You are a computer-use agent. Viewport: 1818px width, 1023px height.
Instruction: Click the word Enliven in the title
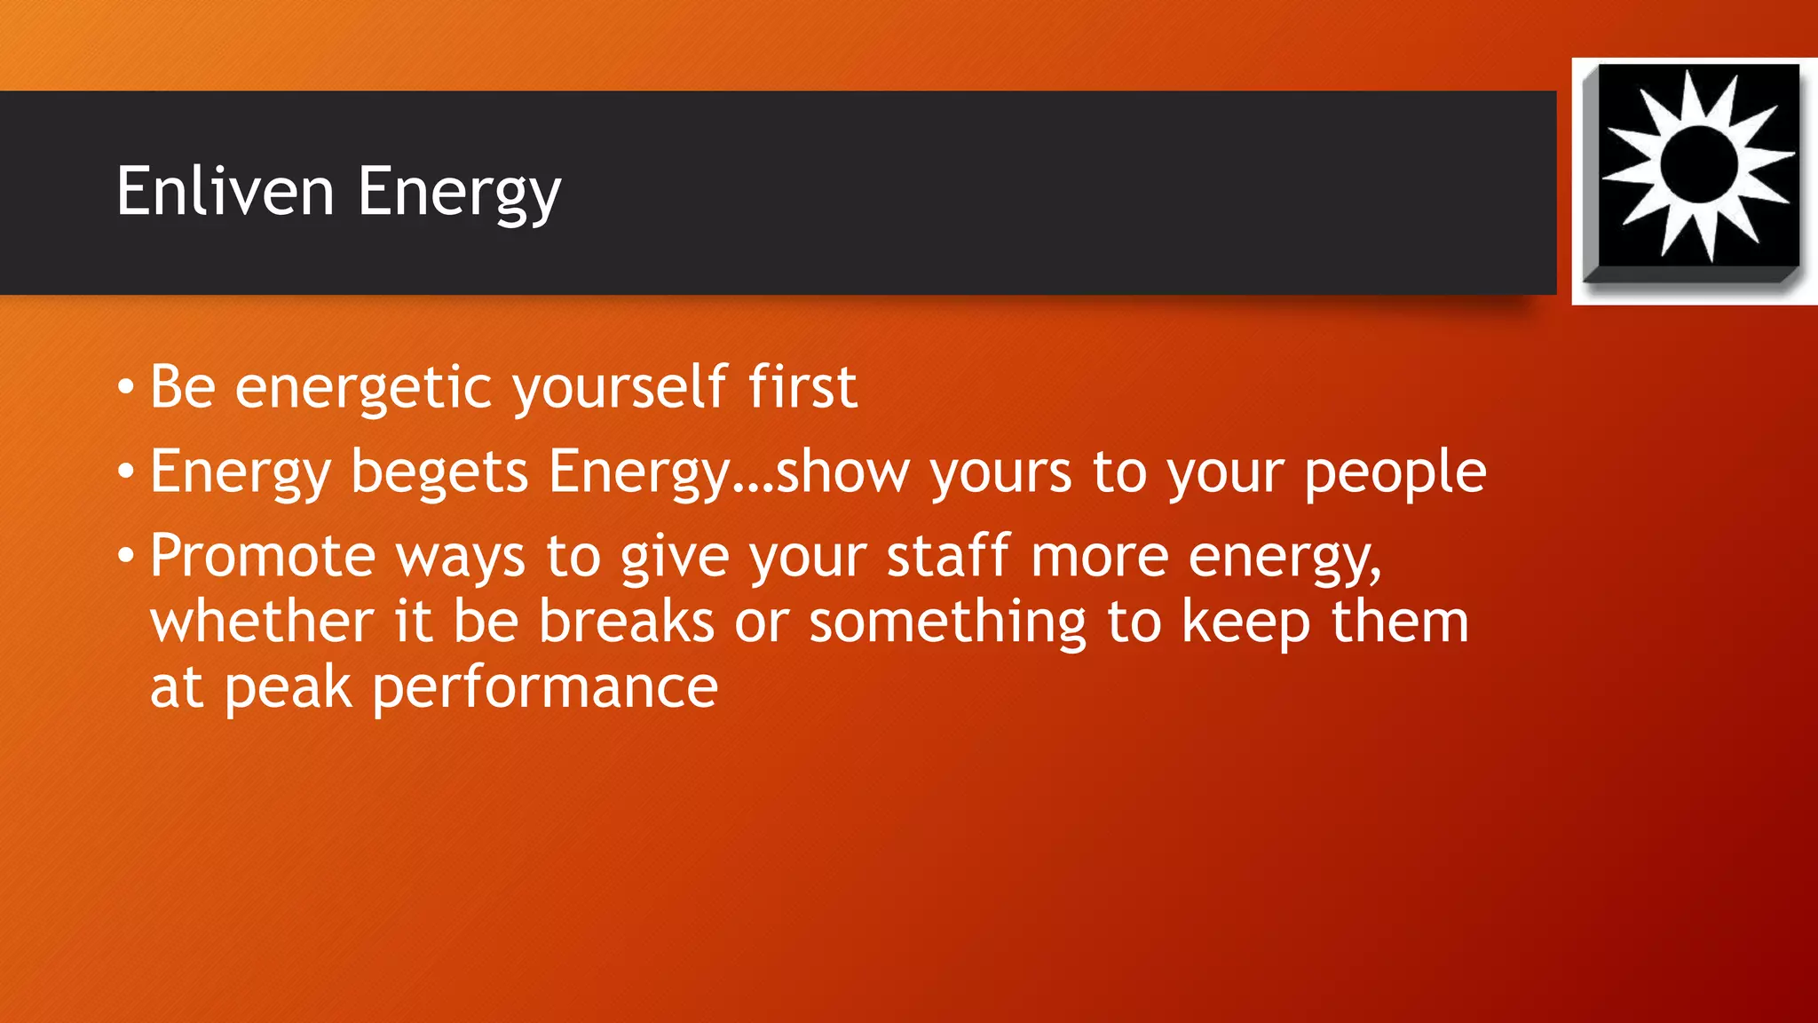(x=225, y=191)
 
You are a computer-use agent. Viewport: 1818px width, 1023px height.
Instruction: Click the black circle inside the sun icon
(x=1698, y=163)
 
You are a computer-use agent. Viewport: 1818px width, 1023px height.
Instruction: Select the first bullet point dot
(x=126, y=387)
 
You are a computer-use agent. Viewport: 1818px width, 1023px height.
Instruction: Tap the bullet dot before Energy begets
(x=126, y=472)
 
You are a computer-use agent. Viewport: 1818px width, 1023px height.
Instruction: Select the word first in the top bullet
(x=802, y=387)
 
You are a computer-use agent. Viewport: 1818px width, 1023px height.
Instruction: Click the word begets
(x=439, y=472)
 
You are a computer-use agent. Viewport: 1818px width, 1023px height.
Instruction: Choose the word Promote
(x=264, y=557)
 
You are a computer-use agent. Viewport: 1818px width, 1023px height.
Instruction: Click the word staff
(x=948, y=557)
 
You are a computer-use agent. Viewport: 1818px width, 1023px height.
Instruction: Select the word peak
(x=288, y=687)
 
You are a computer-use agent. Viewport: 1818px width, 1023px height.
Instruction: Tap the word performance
(x=544, y=687)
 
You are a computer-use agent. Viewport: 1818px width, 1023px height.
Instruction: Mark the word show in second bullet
(x=842, y=472)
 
